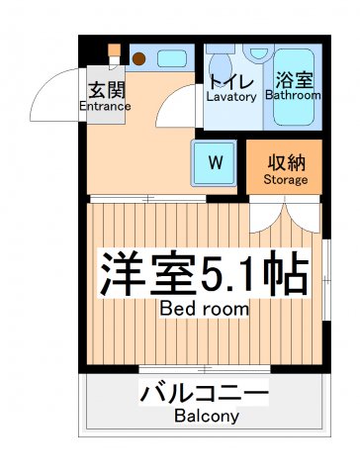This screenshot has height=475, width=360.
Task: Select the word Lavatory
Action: [232, 97]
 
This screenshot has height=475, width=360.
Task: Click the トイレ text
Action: [232, 79]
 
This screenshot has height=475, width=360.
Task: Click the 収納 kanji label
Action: [285, 160]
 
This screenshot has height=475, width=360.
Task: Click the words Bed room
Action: [205, 309]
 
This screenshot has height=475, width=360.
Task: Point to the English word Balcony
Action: [205, 417]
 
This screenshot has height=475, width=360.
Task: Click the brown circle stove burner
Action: [137, 57]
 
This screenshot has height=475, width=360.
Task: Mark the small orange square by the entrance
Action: [114, 50]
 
